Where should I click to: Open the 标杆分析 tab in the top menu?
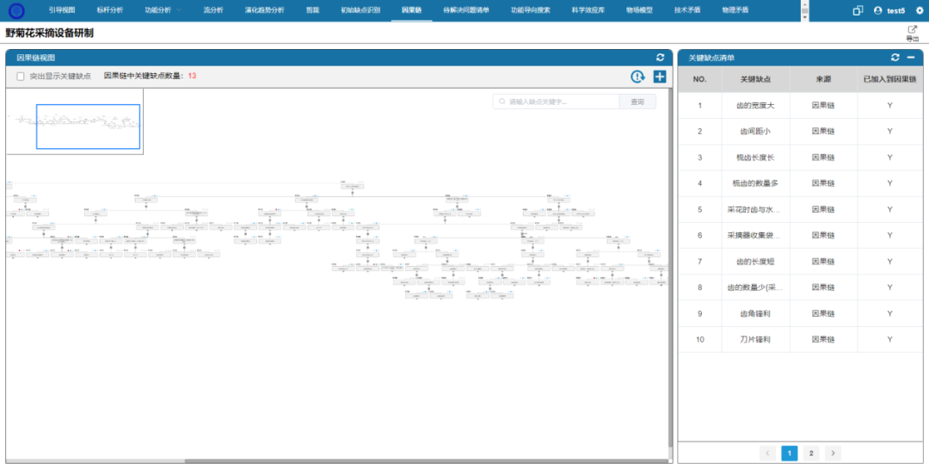pos(110,9)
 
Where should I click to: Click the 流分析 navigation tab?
pos(213,9)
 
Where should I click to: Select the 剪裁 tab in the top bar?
pos(312,9)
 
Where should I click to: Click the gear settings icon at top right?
pos(920,10)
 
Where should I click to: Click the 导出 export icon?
pos(913,31)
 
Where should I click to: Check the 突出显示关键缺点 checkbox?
pos(21,77)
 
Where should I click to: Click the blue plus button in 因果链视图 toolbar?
pos(660,77)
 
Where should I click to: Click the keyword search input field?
pos(559,102)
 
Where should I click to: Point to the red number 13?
pos(192,76)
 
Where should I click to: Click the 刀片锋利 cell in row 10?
pos(755,340)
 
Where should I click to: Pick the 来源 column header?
pos(823,79)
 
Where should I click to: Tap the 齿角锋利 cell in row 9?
pos(755,314)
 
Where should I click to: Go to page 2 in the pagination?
pos(810,453)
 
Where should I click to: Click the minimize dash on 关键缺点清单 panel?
pos(910,57)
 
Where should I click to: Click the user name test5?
pos(895,10)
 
